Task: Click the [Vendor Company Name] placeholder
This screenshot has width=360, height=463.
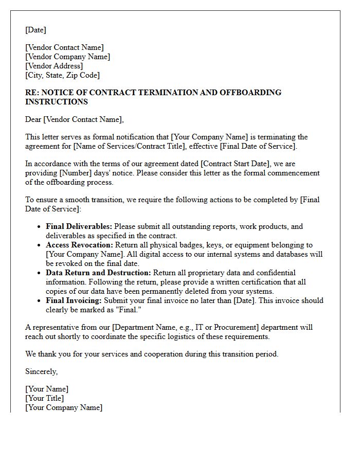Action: [67, 57]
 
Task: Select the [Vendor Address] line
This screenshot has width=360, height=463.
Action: [53, 66]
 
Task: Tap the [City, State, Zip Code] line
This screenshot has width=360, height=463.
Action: [62, 75]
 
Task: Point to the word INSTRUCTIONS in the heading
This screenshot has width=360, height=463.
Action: [56, 102]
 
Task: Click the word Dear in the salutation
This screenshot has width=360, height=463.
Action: [33, 119]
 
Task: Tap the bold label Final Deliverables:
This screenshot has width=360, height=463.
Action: [79, 226]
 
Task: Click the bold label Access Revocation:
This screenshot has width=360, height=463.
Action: [80, 245]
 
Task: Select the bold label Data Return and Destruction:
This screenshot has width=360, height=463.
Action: [98, 273]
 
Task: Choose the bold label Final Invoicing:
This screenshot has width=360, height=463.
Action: [74, 300]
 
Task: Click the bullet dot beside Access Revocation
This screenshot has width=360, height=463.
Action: [39, 245]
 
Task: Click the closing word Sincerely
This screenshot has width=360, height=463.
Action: [41, 371]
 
